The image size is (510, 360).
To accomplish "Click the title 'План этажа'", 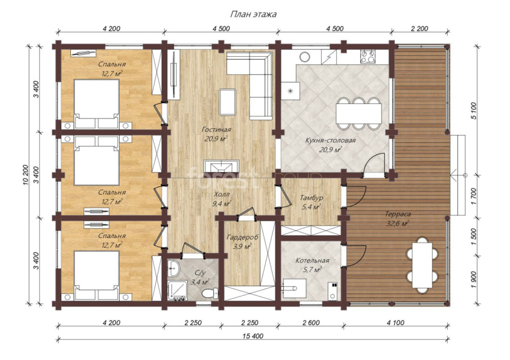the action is pos(254,14).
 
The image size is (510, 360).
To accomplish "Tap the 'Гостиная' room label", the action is pos(216,130).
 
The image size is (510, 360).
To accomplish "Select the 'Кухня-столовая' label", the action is pos(331,141).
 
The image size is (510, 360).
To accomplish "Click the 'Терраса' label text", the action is pos(398,214).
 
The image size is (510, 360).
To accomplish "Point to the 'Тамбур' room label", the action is pos(311,197).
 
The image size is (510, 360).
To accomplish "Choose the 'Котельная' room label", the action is pos(312,261).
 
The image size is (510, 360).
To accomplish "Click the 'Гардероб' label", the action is pos(242,238).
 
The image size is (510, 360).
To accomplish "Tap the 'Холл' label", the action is pos(222,194).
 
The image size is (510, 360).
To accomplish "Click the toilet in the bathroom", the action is pos(209,294).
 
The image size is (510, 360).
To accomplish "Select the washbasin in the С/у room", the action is pos(174,268).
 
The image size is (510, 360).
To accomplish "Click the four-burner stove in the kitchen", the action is pos(368,57).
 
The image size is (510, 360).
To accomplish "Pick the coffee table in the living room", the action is pos(227,102).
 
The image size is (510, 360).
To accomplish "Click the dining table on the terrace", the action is pos(422,265).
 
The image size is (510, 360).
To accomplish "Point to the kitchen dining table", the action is pos(359,113).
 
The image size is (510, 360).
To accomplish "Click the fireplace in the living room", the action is pos(221,166).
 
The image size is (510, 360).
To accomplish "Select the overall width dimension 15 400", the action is pos(252,336).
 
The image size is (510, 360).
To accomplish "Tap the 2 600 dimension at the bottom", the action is pos(311,323).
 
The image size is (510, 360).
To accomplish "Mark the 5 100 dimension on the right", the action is pos(474,111).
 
